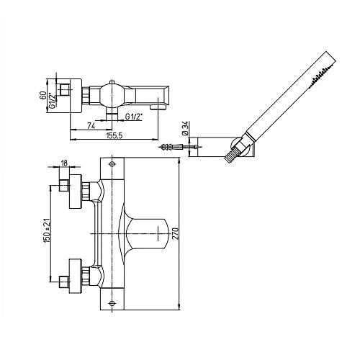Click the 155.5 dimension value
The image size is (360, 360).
(114, 135)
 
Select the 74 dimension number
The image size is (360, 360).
(91, 126)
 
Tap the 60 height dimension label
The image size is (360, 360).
(43, 95)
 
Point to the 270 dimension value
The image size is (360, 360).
(176, 233)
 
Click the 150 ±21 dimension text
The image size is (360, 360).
(47, 230)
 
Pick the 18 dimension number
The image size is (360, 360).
(64, 163)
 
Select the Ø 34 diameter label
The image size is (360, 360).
(185, 128)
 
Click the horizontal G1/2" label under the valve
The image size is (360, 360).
(134, 117)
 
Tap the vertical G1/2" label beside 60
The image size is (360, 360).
(52, 101)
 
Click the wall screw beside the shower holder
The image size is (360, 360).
(171, 146)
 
